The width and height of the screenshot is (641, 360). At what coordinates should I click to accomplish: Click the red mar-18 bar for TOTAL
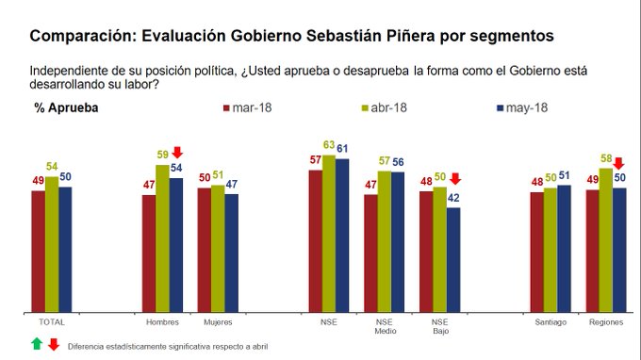38,251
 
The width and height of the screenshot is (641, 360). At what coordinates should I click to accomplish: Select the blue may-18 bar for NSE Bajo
453,259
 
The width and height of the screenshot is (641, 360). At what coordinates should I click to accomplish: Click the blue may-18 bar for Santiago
564,248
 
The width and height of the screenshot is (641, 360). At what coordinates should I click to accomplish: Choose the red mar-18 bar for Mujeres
204,250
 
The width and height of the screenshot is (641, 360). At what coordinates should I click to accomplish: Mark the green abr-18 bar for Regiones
605,239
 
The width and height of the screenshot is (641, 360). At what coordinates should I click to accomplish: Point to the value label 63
329,145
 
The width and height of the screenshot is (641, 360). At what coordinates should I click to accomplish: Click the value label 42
454,199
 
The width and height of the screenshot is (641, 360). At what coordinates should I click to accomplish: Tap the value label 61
344,149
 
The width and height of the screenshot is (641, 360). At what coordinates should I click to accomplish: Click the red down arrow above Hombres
176,153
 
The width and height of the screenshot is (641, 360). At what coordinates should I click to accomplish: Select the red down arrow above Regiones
618,163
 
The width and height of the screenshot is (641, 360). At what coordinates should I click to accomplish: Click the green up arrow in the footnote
37,345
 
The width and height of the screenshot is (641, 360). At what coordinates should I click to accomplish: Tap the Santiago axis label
551,322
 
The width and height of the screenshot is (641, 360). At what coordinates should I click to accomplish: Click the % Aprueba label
67,107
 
